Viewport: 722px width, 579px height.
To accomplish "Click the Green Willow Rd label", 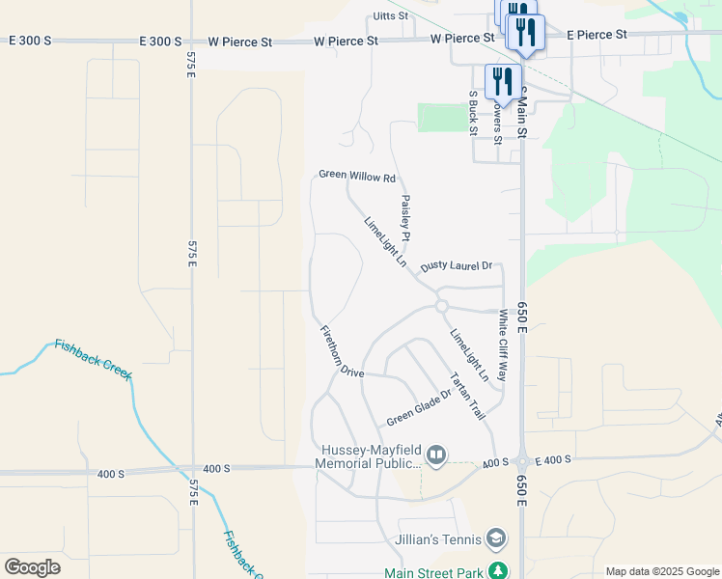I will [x=358, y=178].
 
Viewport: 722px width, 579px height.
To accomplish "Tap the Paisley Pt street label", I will [x=406, y=217].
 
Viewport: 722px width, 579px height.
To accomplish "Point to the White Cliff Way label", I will [x=503, y=345].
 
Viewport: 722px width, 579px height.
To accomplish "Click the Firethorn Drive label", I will [x=342, y=351].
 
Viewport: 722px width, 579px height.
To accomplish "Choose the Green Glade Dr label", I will [x=419, y=407].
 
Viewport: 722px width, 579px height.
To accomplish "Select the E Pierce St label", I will [x=597, y=35].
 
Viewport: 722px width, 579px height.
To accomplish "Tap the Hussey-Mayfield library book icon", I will [x=436, y=454].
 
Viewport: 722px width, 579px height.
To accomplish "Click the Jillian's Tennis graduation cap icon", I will [x=496, y=537].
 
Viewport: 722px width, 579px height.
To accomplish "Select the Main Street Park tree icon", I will [x=498, y=571].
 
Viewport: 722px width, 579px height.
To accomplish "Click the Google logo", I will [x=33, y=566].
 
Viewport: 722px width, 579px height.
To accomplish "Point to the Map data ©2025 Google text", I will [x=661, y=571].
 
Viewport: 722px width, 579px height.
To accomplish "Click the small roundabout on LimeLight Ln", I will [x=442, y=306].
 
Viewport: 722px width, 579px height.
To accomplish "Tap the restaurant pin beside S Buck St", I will [x=502, y=80].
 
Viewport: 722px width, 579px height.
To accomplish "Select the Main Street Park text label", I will [x=433, y=572].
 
